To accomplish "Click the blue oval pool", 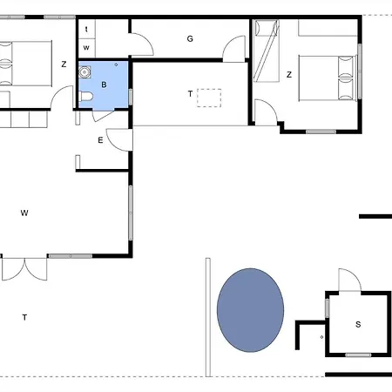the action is pyautogui.click(x=250, y=310).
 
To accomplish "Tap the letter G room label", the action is pyautogui.click(x=190, y=38).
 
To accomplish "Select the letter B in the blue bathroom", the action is pyautogui.click(x=104, y=84).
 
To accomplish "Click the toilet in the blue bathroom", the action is pyautogui.click(x=86, y=96).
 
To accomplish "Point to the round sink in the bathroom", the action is pyautogui.click(x=84, y=72).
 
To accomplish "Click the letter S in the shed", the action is pyautogui.click(x=358, y=324).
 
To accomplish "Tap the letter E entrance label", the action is pyautogui.click(x=100, y=140).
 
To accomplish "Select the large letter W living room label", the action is pyautogui.click(x=24, y=213).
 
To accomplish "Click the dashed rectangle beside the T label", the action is pyautogui.click(x=209, y=98).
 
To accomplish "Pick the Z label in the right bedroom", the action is pyautogui.click(x=289, y=75).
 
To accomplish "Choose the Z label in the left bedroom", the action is pyautogui.click(x=64, y=64).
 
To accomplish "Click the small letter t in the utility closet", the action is pyautogui.click(x=86, y=30).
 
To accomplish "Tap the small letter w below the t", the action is pyautogui.click(x=86, y=48).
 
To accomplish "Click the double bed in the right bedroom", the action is pyautogui.click(x=328, y=78).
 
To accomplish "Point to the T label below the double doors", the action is pyautogui.click(x=24, y=317).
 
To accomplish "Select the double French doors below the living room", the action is pyautogui.click(x=24, y=269).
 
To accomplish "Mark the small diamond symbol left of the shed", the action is pyautogui.click(x=321, y=337).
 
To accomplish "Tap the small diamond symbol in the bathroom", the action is pyautogui.click(x=116, y=64).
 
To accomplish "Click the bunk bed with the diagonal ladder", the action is pyautogui.click(x=267, y=51).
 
